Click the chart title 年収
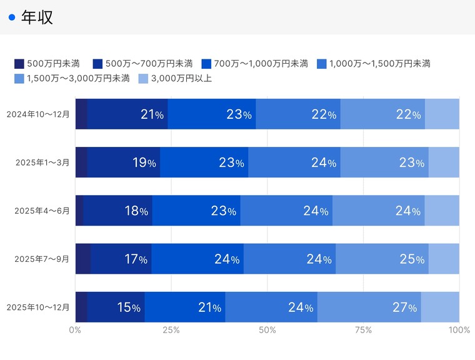[37, 17]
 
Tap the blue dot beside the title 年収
[11, 17]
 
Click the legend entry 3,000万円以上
[175, 78]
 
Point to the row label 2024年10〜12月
[37, 114]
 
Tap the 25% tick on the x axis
[171, 330]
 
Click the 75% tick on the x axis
[363, 330]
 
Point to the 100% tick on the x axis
[459, 330]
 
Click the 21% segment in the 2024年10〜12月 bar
[127, 114]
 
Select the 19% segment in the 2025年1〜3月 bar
[124, 162]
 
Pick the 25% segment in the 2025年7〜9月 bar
[382, 259]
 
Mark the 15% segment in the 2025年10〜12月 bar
[116, 307]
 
